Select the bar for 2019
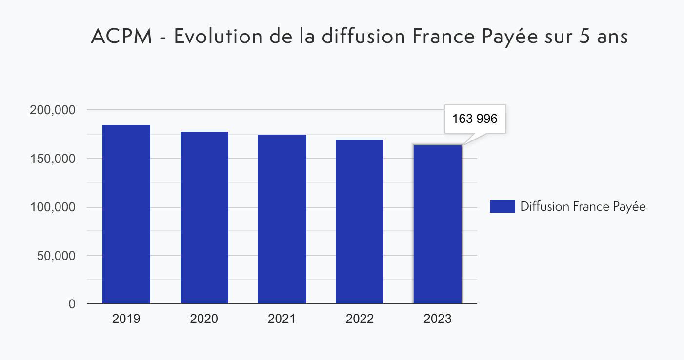click(126, 215)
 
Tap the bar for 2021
click(282, 220)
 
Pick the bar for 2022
click(360, 222)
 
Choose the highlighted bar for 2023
click(437, 224)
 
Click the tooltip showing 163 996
click(475, 119)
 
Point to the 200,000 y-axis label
click(52, 110)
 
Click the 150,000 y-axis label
click(52, 159)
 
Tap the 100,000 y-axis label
click(52, 207)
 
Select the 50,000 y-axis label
click(56, 256)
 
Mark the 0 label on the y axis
click(72, 304)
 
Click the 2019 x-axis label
click(126, 319)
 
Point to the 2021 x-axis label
click(282, 319)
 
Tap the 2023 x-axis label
click(437, 319)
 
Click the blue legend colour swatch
click(502, 206)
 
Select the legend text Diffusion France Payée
click(583, 207)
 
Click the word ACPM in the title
click(122, 37)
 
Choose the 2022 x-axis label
click(360, 319)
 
